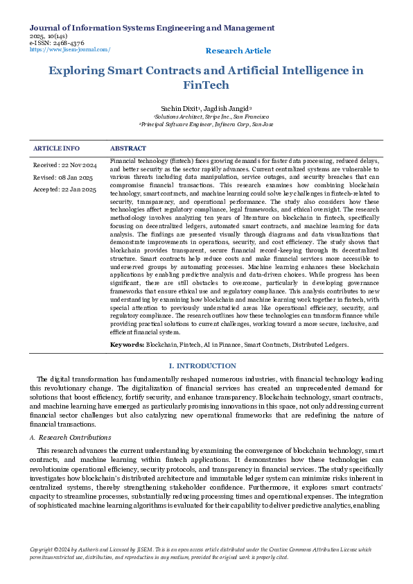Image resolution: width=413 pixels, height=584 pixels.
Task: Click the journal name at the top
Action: [152, 28]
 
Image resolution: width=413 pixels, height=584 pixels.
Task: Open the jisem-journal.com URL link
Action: [70, 50]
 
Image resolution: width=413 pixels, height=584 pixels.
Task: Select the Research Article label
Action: [238, 51]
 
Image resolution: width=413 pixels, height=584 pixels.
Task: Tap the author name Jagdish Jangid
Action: [230, 109]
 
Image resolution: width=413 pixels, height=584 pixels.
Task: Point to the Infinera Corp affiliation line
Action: [206, 124]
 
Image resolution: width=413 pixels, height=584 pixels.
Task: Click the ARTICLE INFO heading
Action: [56, 148]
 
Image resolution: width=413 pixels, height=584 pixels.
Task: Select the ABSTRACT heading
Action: [128, 148]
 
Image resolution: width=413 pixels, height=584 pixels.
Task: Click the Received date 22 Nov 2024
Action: [65, 165]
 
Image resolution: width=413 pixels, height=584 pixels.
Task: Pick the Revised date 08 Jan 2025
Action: [63, 177]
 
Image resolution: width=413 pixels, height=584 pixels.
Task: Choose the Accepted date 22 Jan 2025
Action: [64, 189]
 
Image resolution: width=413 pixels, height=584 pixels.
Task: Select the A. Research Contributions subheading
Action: [71, 438]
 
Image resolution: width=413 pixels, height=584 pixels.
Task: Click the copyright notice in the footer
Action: [201, 553]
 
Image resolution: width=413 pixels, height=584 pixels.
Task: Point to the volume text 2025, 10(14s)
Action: [48, 36]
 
